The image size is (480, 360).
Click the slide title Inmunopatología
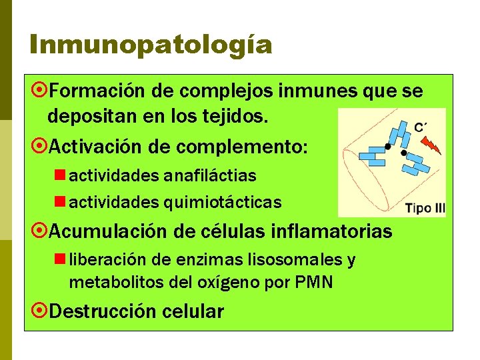coord(151,44)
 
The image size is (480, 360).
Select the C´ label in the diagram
coord(421,127)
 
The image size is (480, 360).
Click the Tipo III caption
coord(425,207)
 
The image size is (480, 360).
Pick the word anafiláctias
coord(209,176)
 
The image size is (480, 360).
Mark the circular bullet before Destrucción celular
coord(39,311)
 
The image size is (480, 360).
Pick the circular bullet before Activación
coord(39,145)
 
